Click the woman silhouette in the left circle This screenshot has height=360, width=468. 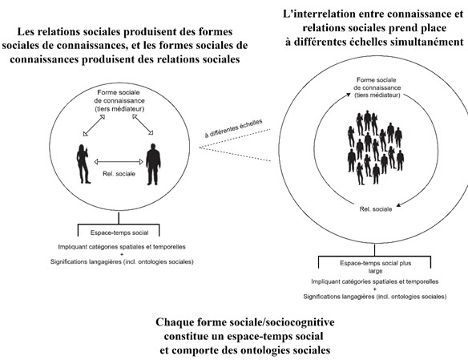point(83,164)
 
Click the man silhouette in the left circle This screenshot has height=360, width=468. point(153,164)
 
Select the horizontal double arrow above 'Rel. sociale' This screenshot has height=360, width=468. point(119,162)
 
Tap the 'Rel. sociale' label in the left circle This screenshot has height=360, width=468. point(119,174)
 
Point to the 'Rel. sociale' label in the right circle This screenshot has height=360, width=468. point(376,209)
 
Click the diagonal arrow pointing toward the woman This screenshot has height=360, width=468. point(94,125)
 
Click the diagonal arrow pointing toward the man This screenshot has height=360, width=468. point(143,124)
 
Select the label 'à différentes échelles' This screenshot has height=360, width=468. point(233,128)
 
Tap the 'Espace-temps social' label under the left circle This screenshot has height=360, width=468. point(119,233)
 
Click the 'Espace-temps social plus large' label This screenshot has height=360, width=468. point(375,267)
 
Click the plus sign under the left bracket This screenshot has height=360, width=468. point(122,254)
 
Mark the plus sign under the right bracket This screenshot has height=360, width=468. point(375,289)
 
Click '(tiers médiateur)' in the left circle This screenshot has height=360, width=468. point(119,109)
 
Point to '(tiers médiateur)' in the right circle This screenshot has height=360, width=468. point(377,95)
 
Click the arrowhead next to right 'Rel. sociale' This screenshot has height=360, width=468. point(399,204)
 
